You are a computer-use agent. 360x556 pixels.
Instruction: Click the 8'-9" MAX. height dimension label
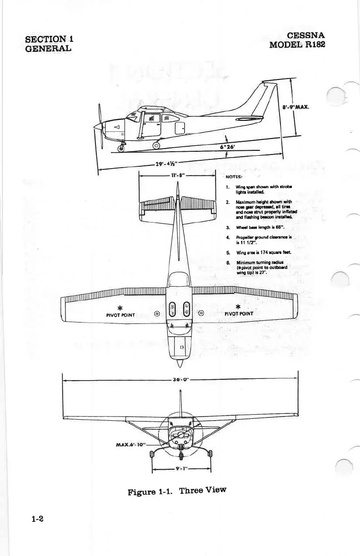(x=295, y=108)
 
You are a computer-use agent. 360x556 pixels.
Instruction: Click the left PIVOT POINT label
(x=120, y=313)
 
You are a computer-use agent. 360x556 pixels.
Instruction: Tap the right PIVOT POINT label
(x=240, y=313)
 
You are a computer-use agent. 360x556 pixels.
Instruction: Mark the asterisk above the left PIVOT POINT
(x=119, y=305)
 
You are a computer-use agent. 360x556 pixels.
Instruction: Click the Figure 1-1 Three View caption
(x=177, y=491)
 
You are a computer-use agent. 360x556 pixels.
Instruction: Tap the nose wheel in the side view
(x=121, y=148)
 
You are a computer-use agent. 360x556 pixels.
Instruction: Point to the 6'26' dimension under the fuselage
(x=228, y=147)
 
